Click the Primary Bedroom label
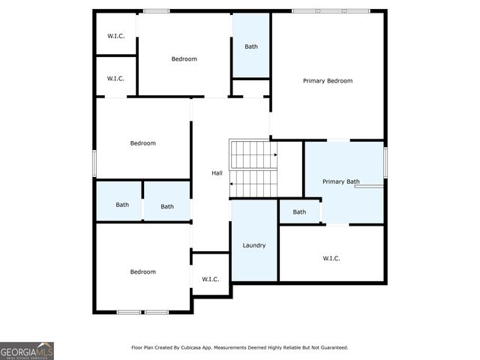(328, 81)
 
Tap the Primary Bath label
(341, 181)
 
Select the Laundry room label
(253, 245)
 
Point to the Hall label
(217, 173)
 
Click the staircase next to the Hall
(253, 169)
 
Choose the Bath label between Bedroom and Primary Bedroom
(251, 46)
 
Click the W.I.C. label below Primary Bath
(331, 258)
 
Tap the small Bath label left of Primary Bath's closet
(299, 211)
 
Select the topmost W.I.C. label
(115, 35)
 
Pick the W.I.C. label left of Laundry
(210, 279)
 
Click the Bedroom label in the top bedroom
(184, 59)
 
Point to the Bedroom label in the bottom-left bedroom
(142, 271)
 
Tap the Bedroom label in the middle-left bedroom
(142, 143)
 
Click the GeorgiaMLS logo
(27, 350)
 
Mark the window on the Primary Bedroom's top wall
(330, 10)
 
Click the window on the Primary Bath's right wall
(385, 163)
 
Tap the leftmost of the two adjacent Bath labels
(121, 205)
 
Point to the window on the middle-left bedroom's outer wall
(94, 163)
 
